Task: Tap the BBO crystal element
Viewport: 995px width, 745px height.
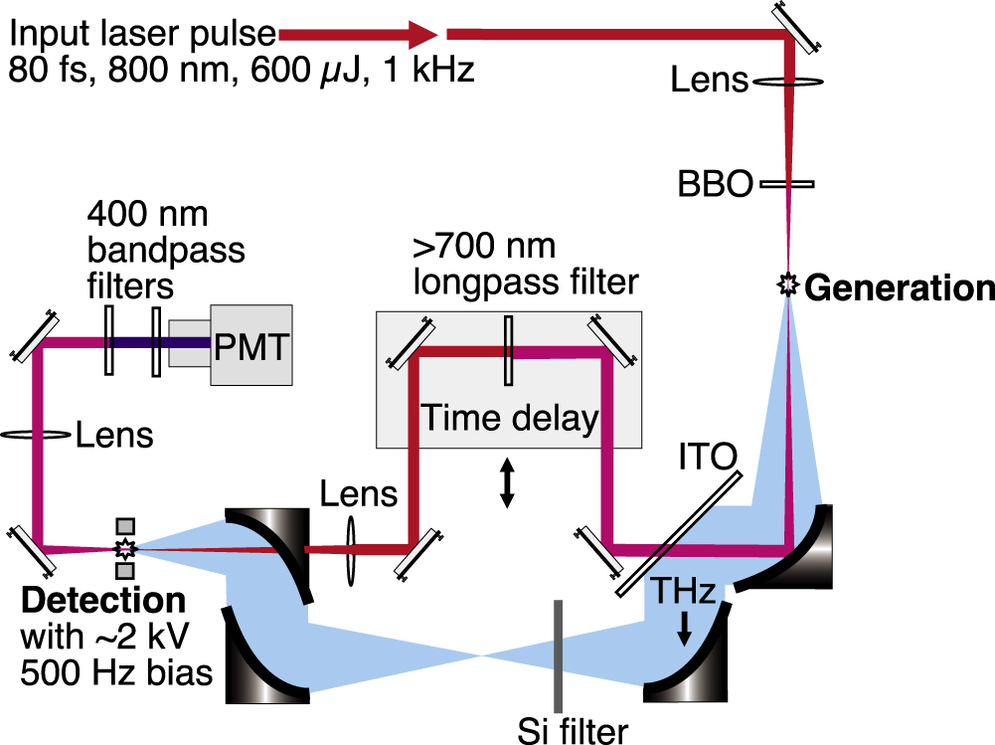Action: click(x=788, y=184)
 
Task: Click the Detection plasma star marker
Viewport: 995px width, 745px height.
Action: click(x=125, y=548)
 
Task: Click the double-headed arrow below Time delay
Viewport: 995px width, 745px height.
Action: click(x=507, y=482)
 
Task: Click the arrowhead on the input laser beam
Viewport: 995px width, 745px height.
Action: click(x=422, y=35)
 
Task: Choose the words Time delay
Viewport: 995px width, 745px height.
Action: click(x=510, y=418)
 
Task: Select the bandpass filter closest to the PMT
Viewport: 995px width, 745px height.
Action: click(x=156, y=342)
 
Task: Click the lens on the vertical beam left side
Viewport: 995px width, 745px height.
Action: click(x=38, y=435)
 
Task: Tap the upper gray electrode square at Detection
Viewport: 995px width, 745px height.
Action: click(x=125, y=525)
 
